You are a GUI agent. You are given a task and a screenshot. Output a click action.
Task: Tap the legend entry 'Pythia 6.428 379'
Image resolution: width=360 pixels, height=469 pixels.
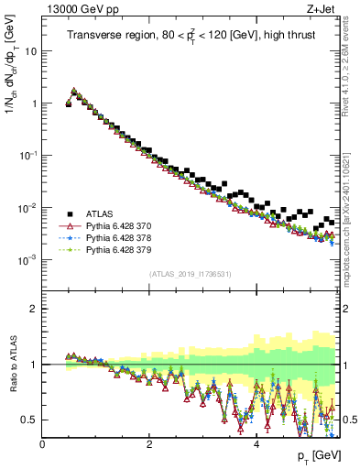point(122,248)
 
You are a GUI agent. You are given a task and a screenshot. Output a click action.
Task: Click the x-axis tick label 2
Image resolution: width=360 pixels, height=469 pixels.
point(149,444)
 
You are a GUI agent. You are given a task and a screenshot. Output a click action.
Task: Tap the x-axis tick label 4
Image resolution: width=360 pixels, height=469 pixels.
point(256,444)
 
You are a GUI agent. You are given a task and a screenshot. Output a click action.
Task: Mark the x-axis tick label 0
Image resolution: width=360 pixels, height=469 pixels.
point(43,444)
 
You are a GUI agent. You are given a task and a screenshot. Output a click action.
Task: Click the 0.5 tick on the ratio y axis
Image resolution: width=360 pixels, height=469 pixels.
point(29,420)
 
